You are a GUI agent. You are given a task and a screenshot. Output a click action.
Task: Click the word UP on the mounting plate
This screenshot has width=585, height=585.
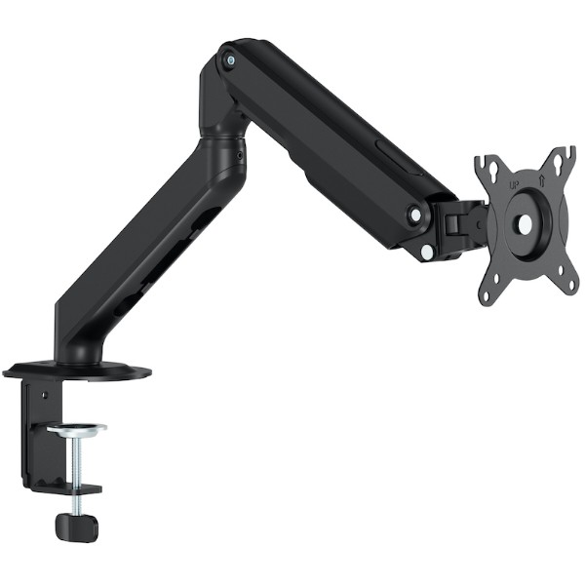tap(515, 184)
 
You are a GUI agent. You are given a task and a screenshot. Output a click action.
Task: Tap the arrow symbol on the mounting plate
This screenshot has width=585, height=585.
tap(542, 181)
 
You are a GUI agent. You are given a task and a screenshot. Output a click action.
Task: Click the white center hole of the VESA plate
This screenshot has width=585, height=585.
tap(525, 223)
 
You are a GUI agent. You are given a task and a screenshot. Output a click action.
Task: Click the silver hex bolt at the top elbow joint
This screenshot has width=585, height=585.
tap(230, 59)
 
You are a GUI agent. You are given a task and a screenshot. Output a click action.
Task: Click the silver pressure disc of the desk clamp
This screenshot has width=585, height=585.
tap(76, 429)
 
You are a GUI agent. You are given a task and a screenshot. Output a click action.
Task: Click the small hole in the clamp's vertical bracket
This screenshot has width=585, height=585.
tap(45, 394)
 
